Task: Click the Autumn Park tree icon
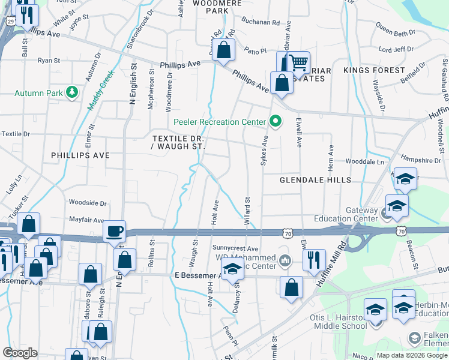pyautogui.click(x=72, y=92)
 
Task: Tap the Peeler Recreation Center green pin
pyautogui.click(x=276, y=121)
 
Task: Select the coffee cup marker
pyautogui.click(x=114, y=230)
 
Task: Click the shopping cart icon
pyautogui.click(x=298, y=62)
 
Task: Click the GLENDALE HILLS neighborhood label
pyautogui.click(x=315, y=180)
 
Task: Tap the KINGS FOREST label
pyautogui.click(x=375, y=70)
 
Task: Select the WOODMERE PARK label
pyautogui.click(x=217, y=7)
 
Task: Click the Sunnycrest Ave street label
pyautogui.click(x=235, y=248)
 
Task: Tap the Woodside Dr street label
pyautogui.click(x=88, y=203)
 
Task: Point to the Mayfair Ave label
pyautogui.click(x=86, y=220)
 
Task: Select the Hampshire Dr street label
pyautogui.click(x=421, y=160)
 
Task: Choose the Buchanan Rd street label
pyautogui.click(x=261, y=22)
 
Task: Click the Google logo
pyautogui.click(x=20, y=353)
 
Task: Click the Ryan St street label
pyautogui.click(x=49, y=61)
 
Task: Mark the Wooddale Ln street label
pyautogui.click(x=364, y=161)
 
